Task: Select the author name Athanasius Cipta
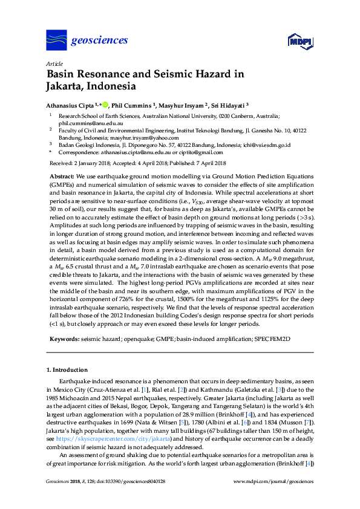pyautogui.click(x=72, y=104)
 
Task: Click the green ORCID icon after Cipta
pyautogui.click(x=105, y=104)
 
